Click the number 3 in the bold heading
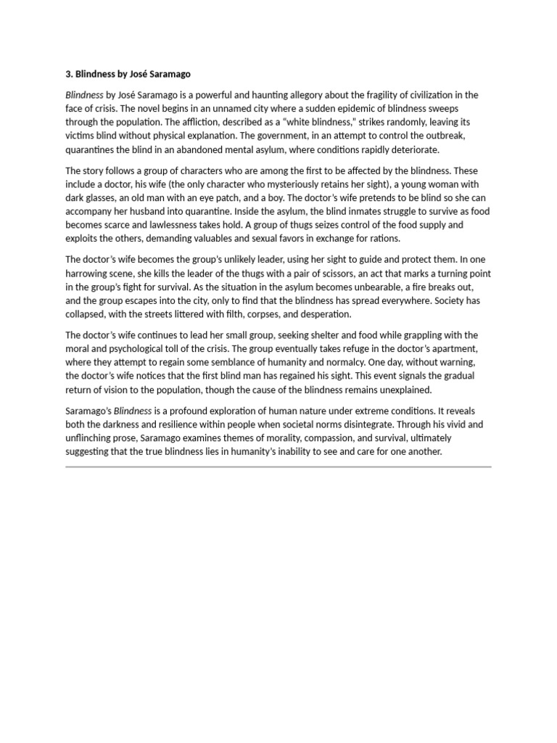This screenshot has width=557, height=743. (68, 74)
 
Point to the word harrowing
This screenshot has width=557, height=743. (90, 274)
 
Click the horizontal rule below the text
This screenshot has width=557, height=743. (278, 467)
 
